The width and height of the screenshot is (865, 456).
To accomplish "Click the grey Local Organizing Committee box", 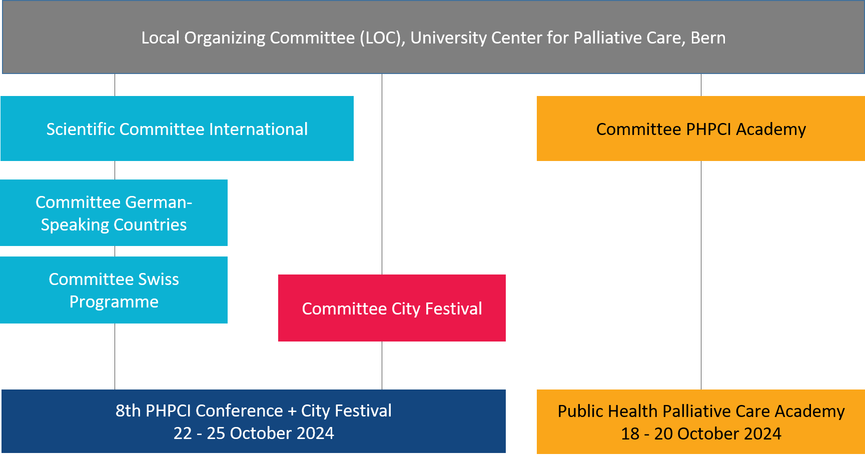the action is pos(433,37).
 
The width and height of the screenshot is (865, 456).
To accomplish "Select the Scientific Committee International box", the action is pos(177,128).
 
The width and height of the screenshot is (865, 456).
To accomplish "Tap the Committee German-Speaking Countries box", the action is pos(114,212).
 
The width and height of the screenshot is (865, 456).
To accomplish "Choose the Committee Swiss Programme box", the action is pos(114,290).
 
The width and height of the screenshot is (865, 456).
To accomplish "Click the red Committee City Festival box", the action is pos(392,308).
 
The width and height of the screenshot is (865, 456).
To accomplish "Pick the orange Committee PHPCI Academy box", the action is pos(701,128).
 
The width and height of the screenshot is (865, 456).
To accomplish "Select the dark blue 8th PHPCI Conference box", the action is pos(254,421).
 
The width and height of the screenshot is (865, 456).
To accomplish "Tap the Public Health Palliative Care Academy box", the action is pos(701,421).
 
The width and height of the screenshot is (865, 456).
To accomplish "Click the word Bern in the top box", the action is pos(708,38).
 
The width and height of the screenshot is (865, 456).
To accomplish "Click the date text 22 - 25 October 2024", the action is pos(254,433).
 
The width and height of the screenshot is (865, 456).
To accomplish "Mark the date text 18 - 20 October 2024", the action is pos(701,433).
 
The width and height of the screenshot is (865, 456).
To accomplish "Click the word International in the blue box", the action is pos(258,129).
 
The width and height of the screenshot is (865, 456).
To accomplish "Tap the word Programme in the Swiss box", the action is pos(114,302).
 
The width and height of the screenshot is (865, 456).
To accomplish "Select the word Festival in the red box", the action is pos(453,308).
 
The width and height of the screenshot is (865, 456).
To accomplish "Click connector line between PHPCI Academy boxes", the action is pos(701,275).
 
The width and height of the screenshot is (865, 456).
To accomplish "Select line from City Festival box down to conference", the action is pos(382,365).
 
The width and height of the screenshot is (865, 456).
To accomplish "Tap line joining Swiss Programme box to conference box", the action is pos(115,356).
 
